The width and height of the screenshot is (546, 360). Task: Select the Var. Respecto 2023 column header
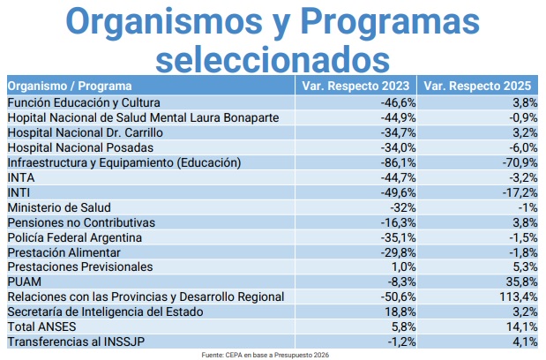(355, 86)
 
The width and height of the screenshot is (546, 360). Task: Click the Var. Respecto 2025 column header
(477, 86)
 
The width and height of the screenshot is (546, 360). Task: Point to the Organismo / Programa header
(70, 86)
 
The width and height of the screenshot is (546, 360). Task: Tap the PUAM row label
(22, 281)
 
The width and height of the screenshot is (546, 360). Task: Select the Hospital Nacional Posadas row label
(80, 147)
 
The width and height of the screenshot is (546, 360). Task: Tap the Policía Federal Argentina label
(79, 236)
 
